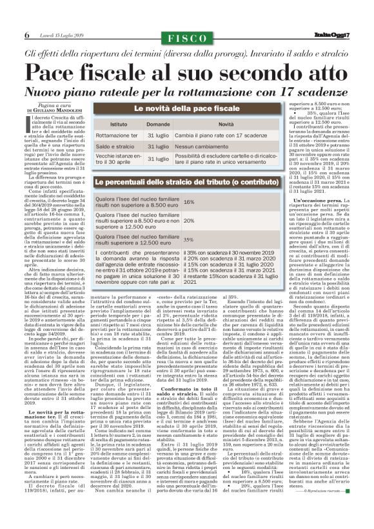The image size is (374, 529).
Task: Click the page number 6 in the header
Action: (x=27, y=34)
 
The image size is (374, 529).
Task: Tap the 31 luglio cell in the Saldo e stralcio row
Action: (x=159, y=147)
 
